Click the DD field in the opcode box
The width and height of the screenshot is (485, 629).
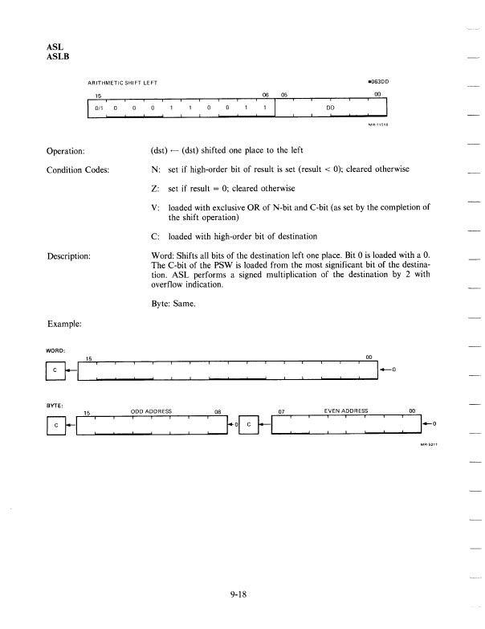[x=330, y=107]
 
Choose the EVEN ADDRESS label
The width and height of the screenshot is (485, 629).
[x=345, y=410]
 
